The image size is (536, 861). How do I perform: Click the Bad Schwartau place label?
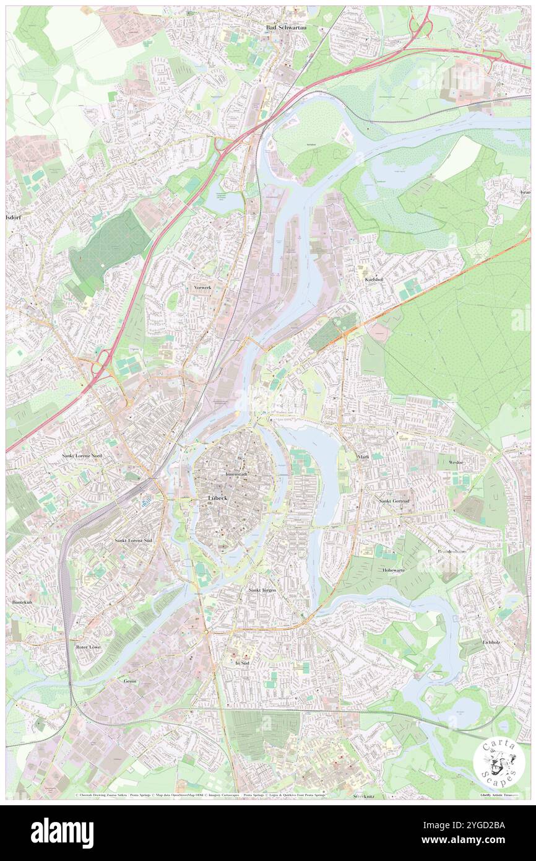point(285,28)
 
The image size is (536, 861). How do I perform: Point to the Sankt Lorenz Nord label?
point(82,455)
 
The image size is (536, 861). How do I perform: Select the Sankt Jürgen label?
point(262,591)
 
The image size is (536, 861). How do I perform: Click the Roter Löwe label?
point(88,647)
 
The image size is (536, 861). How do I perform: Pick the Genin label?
point(129,681)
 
